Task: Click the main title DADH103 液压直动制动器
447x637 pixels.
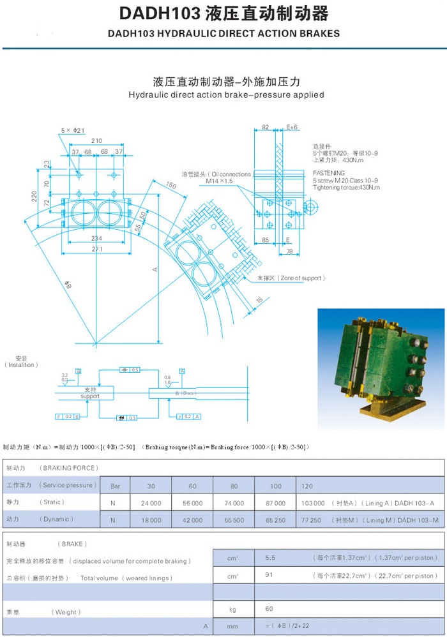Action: [223, 13]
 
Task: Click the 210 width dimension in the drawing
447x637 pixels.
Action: [96, 141]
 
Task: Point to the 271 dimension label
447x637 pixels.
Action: [96, 249]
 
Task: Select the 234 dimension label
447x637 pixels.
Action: [96, 237]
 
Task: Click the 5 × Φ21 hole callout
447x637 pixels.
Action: [73, 130]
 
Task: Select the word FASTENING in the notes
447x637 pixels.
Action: [329, 173]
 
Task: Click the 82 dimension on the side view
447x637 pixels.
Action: [266, 128]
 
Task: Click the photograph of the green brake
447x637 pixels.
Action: [381, 368]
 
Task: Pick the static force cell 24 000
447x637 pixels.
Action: [150, 503]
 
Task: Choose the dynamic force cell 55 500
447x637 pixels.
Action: [234, 520]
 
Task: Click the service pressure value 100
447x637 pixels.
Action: [275, 486]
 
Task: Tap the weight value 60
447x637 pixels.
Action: [269, 610]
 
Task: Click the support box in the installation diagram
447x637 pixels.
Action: [90, 393]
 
